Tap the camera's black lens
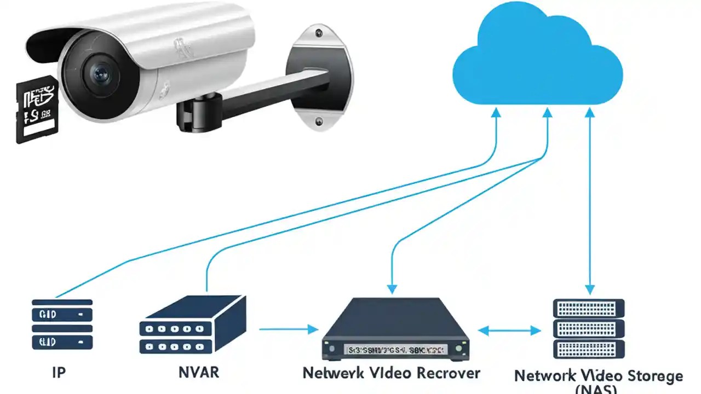pos(101,74)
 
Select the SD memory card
pos(36,109)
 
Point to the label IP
pos(59,373)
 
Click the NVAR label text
pos(199,373)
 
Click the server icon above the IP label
pos(62,324)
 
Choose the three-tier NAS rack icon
pos(589,328)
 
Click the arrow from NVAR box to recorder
pos(288,329)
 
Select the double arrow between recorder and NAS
pos(509,330)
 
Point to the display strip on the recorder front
pos(395,349)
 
